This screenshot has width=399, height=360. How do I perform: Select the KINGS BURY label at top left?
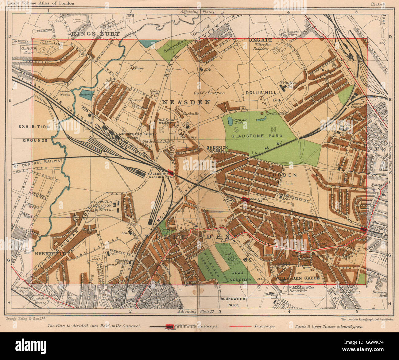[95, 34]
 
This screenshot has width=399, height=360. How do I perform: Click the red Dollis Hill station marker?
[245, 199]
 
